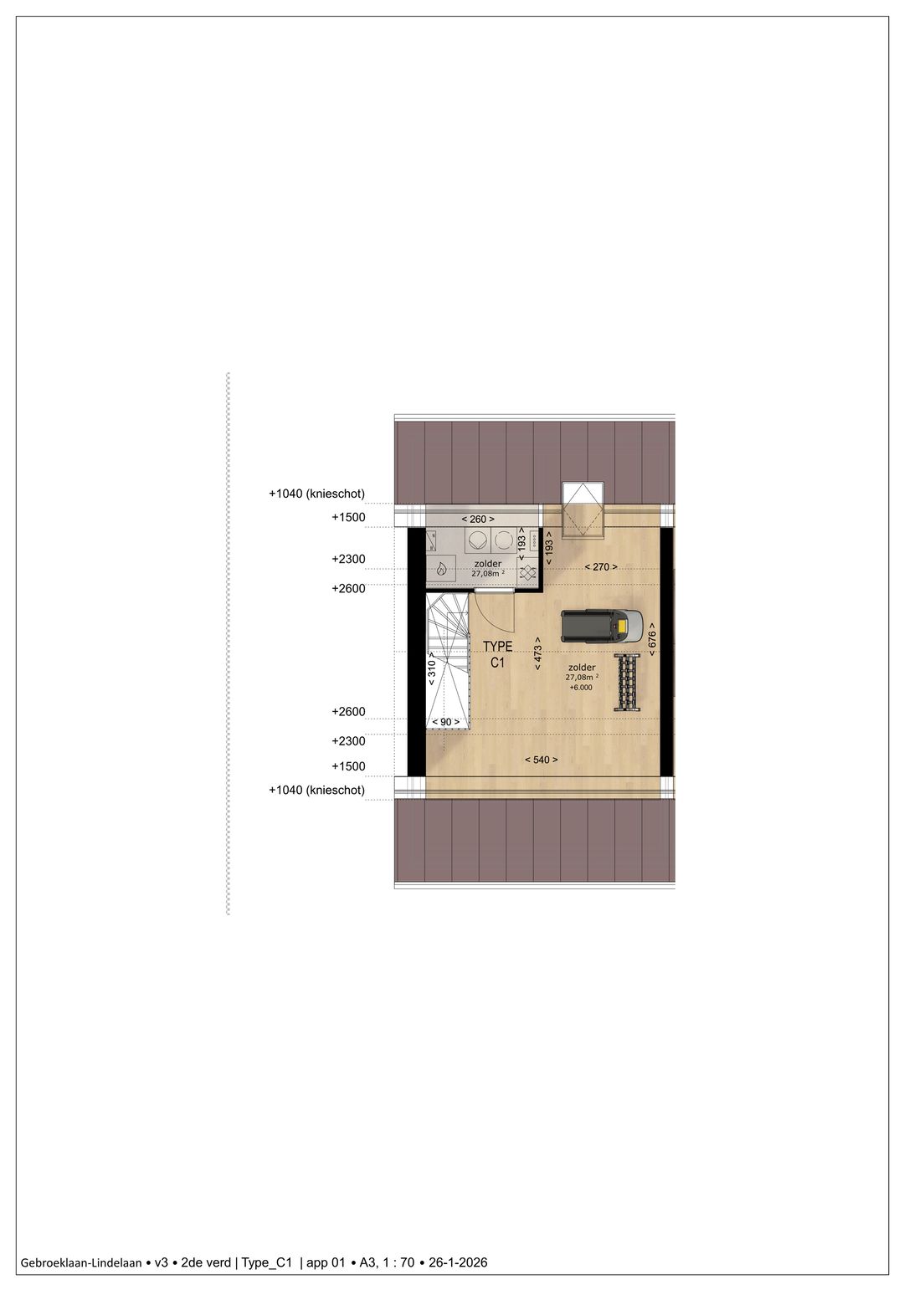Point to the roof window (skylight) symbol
(x=583, y=509)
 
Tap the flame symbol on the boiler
(x=441, y=570)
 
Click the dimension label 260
(x=478, y=520)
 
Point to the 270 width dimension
(x=601, y=567)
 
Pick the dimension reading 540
(x=541, y=760)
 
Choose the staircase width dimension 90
(x=444, y=722)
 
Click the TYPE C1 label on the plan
(x=497, y=654)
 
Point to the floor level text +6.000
(x=580, y=687)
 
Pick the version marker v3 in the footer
(x=162, y=1262)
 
